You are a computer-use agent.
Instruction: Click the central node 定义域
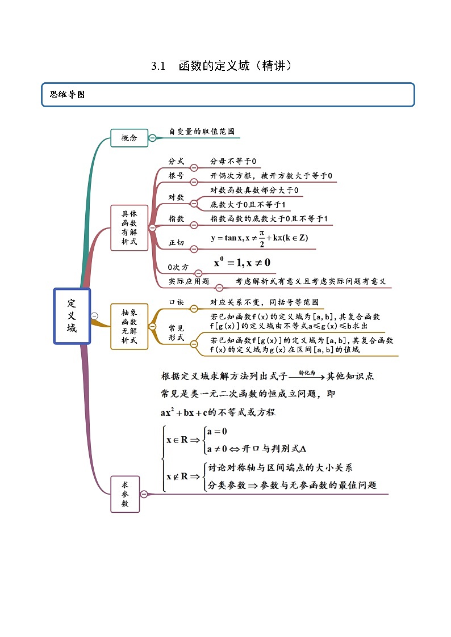[x=72, y=316]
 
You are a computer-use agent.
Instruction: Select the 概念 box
[x=129, y=138]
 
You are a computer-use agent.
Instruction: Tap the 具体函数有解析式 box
[x=129, y=228]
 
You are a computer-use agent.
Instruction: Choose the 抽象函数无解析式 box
[x=129, y=326]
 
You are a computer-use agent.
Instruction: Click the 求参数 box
[x=125, y=494]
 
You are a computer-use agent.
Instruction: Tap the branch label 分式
[x=176, y=161]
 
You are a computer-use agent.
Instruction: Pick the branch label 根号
[x=176, y=176]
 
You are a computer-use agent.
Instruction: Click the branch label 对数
[x=176, y=197]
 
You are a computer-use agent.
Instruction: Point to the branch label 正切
[x=176, y=243]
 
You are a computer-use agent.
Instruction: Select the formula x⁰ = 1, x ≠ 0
[x=242, y=263]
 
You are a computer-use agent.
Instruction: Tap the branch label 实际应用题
[x=189, y=281]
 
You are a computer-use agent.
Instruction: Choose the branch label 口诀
[x=176, y=302]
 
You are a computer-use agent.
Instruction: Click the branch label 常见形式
[x=176, y=332]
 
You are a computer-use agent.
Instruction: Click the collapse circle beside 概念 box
[x=152, y=138]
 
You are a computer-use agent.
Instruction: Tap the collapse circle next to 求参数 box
[x=144, y=494]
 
